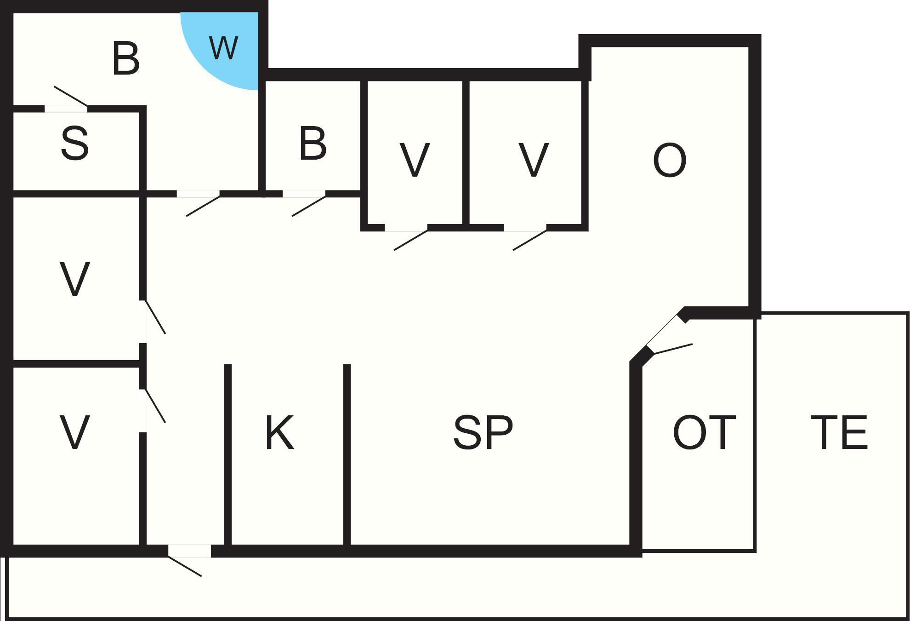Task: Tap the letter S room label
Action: coord(74,144)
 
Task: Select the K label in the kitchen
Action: coord(279,432)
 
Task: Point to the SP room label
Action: coord(483,432)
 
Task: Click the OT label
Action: coord(704,432)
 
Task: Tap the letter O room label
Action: coord(670,160)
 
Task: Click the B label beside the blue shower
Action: coord(126,58)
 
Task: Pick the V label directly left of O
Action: coord(534,160)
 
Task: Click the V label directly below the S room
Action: coord(74,279)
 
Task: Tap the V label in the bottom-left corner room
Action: coord(74,432)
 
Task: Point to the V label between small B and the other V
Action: coord(415,160)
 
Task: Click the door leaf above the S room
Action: coord(71,96)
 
